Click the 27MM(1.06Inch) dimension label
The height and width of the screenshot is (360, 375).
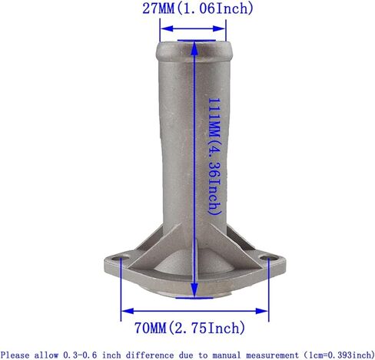(x=197, y=8)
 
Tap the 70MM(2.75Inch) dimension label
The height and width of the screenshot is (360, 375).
(x=190, y=328)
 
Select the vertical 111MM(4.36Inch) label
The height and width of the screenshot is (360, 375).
(x=214, y=157)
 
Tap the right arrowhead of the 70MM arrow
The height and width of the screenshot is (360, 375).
(x=262, y=311)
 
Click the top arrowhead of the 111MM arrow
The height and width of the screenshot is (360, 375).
(x=194, y=48)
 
